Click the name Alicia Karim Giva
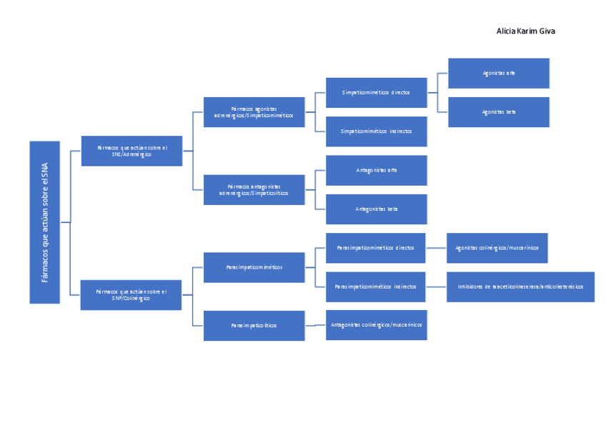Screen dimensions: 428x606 point(525,31)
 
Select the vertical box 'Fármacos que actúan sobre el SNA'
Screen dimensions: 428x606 point(44,222)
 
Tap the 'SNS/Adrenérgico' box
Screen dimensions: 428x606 point(131,151)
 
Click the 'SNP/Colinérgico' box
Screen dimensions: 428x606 point(131,294)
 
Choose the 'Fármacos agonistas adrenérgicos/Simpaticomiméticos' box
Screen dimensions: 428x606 point(254,112)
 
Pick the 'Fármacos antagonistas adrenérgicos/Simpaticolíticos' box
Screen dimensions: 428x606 point(254,189)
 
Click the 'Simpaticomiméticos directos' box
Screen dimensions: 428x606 point(376,93)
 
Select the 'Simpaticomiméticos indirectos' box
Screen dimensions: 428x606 point(376,131)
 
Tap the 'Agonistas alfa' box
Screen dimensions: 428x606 point(498,73)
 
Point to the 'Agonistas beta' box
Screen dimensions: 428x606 point(498,112)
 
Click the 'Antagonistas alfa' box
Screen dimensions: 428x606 point(376,170)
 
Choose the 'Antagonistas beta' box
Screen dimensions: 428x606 point(376,209)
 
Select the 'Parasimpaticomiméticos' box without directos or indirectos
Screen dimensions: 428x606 point(254,267)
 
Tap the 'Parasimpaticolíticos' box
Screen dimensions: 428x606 point(254,325)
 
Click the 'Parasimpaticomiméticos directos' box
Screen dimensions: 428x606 point(375,248)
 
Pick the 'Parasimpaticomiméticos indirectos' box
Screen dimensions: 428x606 point(375,287)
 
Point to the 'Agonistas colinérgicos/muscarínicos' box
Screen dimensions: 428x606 point(497,248)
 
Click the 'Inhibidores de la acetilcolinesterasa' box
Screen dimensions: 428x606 point(520,287)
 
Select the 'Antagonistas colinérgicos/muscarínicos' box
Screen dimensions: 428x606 point(376,325)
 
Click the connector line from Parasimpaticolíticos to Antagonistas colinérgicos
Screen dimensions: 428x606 point(315,325)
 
